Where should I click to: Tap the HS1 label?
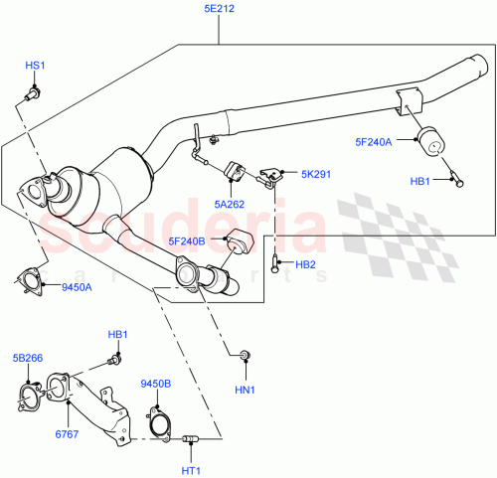click(x=35, y=66)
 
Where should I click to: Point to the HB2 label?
click(x=304, y=264)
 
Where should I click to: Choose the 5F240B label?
click(x=187, y=239)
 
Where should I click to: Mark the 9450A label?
click(x=76, y=288)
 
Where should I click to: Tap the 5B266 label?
click(x=29, y=358)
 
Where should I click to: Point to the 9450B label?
click(x=156, y=384)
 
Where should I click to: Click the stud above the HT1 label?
click(x=191, y=438)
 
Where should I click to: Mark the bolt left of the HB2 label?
click(x=273, y=263)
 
